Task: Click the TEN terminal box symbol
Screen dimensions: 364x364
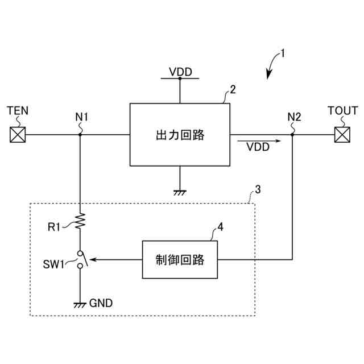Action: tap(18, 135)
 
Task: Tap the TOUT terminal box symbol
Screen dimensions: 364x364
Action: tap(342, 135)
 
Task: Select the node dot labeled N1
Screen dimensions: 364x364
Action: tap(80, 135)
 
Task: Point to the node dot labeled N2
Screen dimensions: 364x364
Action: tap(292, 135)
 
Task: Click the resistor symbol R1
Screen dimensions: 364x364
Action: tap(80, 221)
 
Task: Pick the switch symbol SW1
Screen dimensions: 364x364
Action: tap(82, 259)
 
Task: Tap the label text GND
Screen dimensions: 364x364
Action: tap(101, 303)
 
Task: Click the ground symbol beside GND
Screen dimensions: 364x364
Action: tap(80, 305)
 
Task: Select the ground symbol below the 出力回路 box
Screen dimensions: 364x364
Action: tap(180, 193)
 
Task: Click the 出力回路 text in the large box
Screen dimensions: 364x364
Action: tap(180, 135)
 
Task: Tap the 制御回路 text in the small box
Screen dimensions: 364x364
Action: tap(180, 260)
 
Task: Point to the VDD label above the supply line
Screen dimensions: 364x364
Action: tap(181, 72)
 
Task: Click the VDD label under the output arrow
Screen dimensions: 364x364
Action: tap(258, 147)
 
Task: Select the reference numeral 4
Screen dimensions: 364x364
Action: tap(220, 227)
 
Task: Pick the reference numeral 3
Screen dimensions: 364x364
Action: tap(258, 189)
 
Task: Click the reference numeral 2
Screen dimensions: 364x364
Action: tap(233, 90)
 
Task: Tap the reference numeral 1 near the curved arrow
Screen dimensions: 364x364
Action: tap(283, 53)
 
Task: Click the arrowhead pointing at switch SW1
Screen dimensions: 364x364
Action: tap(93, 259)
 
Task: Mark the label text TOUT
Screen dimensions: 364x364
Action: tap(342, 111)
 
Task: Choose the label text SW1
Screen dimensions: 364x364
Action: tap(53, 264)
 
